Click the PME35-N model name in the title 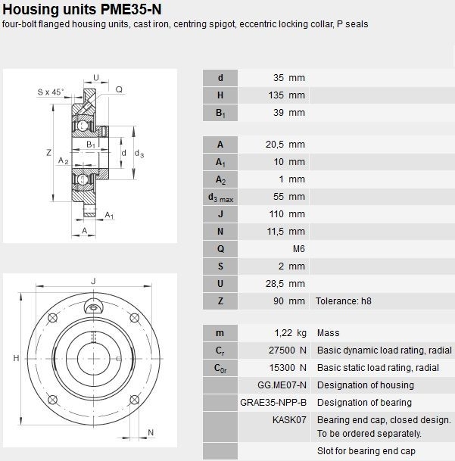pos(131,9)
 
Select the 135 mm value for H pos(286,95)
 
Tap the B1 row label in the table pos(220,113)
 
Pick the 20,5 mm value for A pos(285,145)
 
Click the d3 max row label pos(220,198)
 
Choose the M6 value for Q pos(299,249)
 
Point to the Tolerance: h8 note pos(343,301)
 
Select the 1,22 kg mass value pos(290,333)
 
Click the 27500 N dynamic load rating pos(288,350)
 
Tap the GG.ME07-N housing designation pos(282,385)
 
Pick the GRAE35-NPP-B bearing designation pos(273,402)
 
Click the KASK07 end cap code pos(289,419)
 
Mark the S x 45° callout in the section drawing pos(50,92)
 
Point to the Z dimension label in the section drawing pos(48,153)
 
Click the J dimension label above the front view pos(94,282)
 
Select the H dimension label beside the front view pos(16,358)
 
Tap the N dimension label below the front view pos(151,432)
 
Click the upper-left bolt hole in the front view pos(52,318)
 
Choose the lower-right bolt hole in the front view pos(135,400)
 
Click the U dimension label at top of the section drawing pos(96,77)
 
